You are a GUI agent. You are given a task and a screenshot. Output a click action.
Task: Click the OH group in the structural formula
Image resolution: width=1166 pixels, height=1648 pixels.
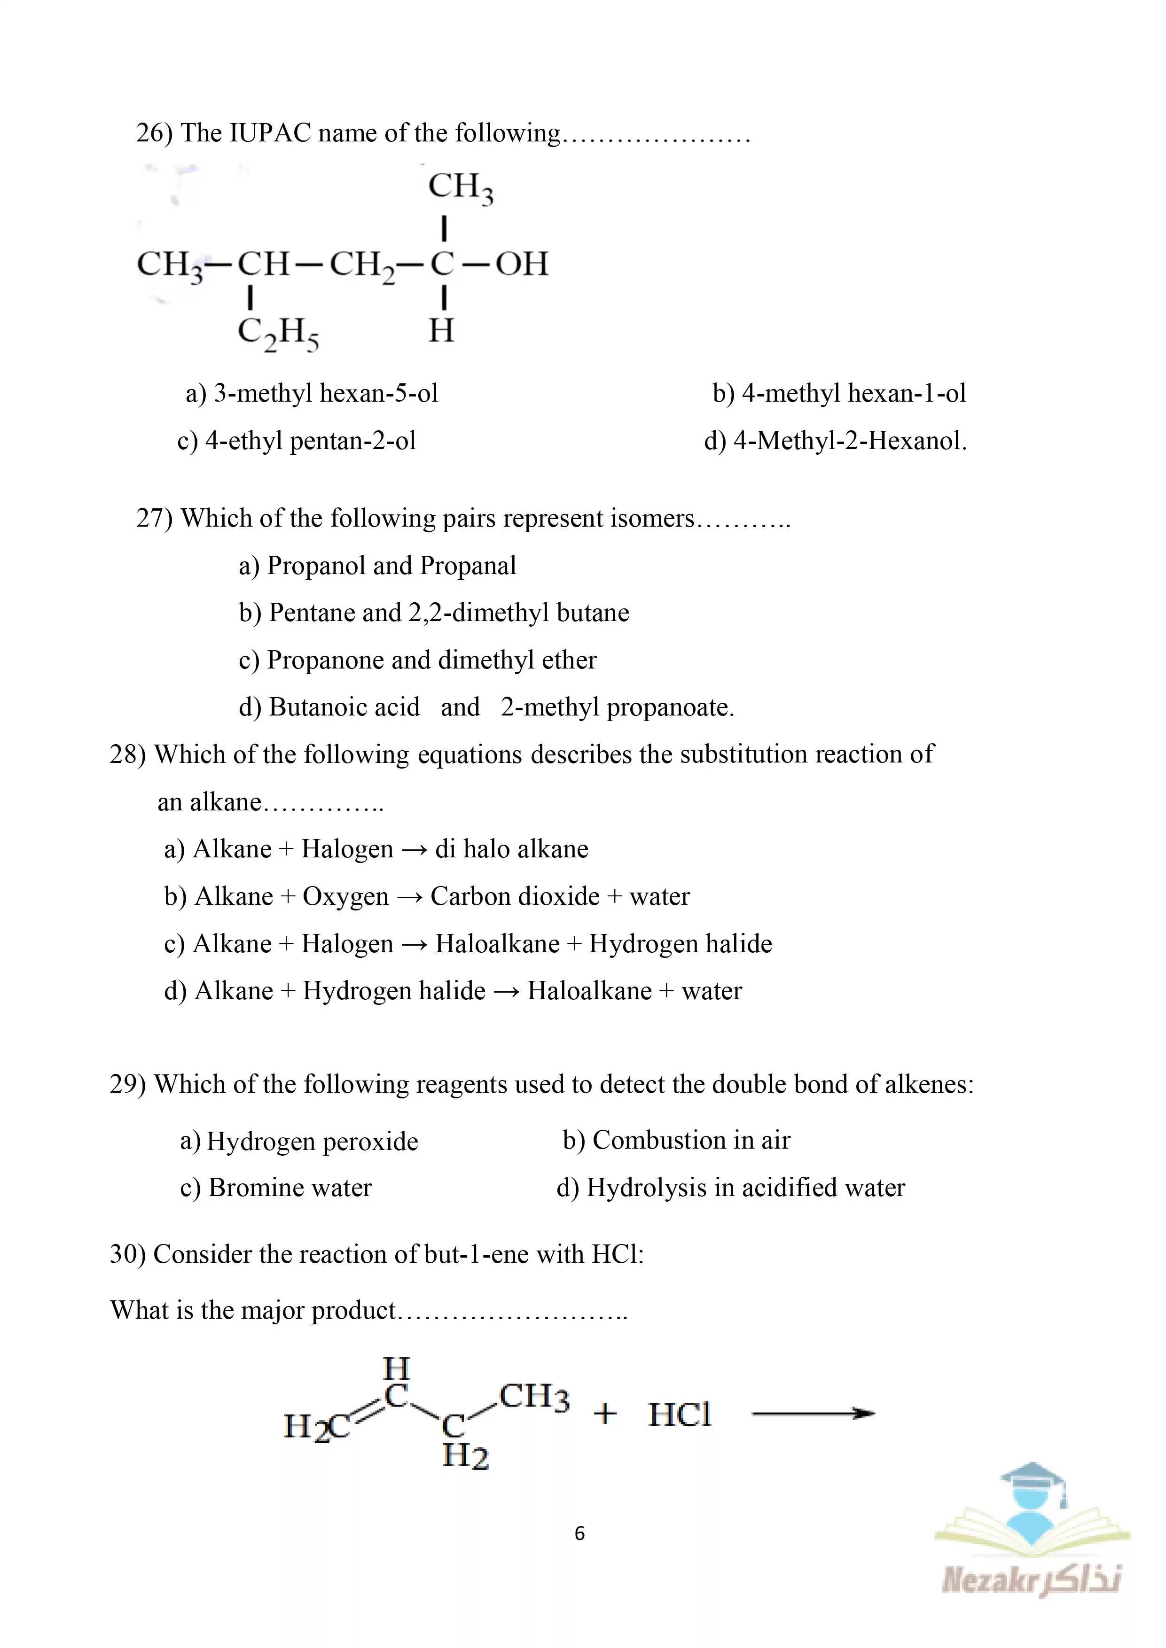pos(522,264)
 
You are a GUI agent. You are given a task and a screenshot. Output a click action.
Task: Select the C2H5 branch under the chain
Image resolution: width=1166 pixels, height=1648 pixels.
pos(278,334)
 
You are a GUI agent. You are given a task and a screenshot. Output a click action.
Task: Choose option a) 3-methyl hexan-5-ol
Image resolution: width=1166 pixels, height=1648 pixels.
pos(312,393)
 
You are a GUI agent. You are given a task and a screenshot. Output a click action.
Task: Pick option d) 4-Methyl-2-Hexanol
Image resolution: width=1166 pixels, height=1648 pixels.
pos(835,441)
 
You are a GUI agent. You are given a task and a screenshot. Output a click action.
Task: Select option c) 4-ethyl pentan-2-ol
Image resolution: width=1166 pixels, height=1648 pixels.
pos(297,441)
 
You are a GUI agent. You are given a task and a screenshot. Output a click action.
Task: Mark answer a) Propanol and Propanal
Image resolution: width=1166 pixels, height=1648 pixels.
pos(377,566)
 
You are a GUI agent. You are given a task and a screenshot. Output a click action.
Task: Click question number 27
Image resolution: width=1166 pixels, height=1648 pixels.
pos(154,518)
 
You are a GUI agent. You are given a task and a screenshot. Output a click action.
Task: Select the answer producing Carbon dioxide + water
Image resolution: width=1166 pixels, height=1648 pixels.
pos(426,896)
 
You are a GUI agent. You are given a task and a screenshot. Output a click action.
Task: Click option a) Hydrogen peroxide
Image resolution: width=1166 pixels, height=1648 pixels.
pos(299,1141)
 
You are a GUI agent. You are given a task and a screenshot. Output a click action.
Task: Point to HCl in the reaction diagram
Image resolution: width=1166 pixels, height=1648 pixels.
pos(679,1415)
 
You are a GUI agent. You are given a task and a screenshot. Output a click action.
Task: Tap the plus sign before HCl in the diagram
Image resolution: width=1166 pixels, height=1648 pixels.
pos(605,1414)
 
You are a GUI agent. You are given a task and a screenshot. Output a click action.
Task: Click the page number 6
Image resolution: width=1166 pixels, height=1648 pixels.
pos(580,1533)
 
